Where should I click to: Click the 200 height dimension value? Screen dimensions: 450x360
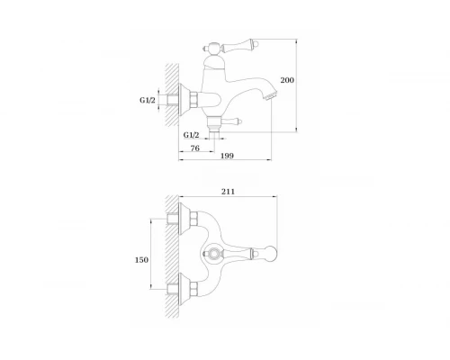coord(287,80)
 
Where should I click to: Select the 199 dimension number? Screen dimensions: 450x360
coord(227,156)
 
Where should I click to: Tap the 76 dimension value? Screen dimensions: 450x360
coord(194,148)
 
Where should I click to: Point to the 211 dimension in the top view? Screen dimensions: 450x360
coord(228,192)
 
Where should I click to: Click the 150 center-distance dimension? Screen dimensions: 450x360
coord(141,260)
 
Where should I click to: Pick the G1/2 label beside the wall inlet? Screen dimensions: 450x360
coord(148,100)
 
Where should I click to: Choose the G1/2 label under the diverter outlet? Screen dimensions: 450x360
coord(191,135)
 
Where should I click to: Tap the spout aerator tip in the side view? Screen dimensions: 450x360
coord(270,95)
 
